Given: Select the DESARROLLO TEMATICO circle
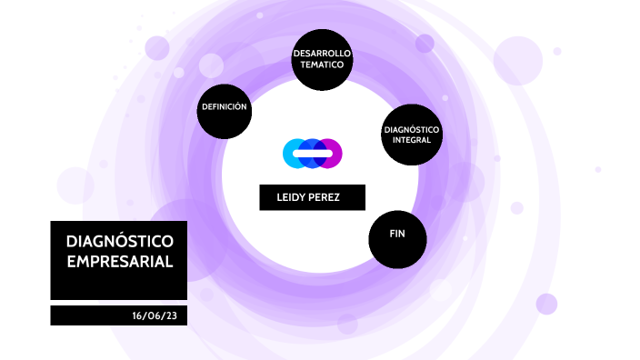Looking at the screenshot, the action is click(321, 60).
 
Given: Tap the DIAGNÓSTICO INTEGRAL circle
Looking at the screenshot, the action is click(412, 135).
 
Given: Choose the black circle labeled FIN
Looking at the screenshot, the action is click(397, 239).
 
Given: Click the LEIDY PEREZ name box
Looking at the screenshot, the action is click(312, 197).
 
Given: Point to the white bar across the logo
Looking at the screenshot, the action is click(312, 154).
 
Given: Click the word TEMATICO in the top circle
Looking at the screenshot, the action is click(321, 66).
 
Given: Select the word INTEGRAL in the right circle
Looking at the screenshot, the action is click(412, 141).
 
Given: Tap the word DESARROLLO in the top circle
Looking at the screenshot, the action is click(321, 55).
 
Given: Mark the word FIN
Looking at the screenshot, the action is click(397, 235).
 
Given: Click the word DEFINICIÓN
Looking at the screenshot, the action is click(224, 107).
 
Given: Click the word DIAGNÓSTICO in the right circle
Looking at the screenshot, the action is click(412, 130).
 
